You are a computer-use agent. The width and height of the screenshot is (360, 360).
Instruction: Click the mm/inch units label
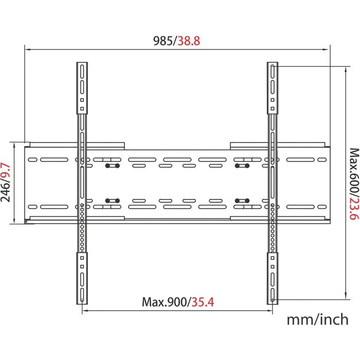click(x=317, y=319)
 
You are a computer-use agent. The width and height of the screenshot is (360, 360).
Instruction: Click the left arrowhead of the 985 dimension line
click(x=27, y=50)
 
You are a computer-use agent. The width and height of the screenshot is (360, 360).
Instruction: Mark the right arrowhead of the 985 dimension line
click(x=328, y=50)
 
